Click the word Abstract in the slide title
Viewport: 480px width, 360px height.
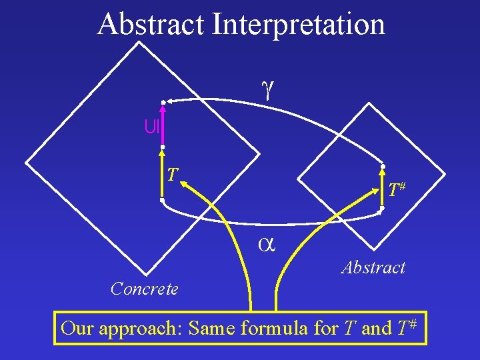(x=151, y=25)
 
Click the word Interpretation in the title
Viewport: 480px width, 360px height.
(x=297, y=25)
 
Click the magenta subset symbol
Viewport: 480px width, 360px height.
(x=151, y=126)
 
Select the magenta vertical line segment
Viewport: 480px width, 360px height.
(x=162, y=124)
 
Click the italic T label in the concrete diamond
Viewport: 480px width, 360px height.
(x=172, y=175)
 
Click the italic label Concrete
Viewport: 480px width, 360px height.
(x=145, y=289)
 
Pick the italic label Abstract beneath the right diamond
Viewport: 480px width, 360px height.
(x=373, y=267)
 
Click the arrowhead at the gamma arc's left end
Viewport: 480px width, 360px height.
(x=168, y=101)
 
